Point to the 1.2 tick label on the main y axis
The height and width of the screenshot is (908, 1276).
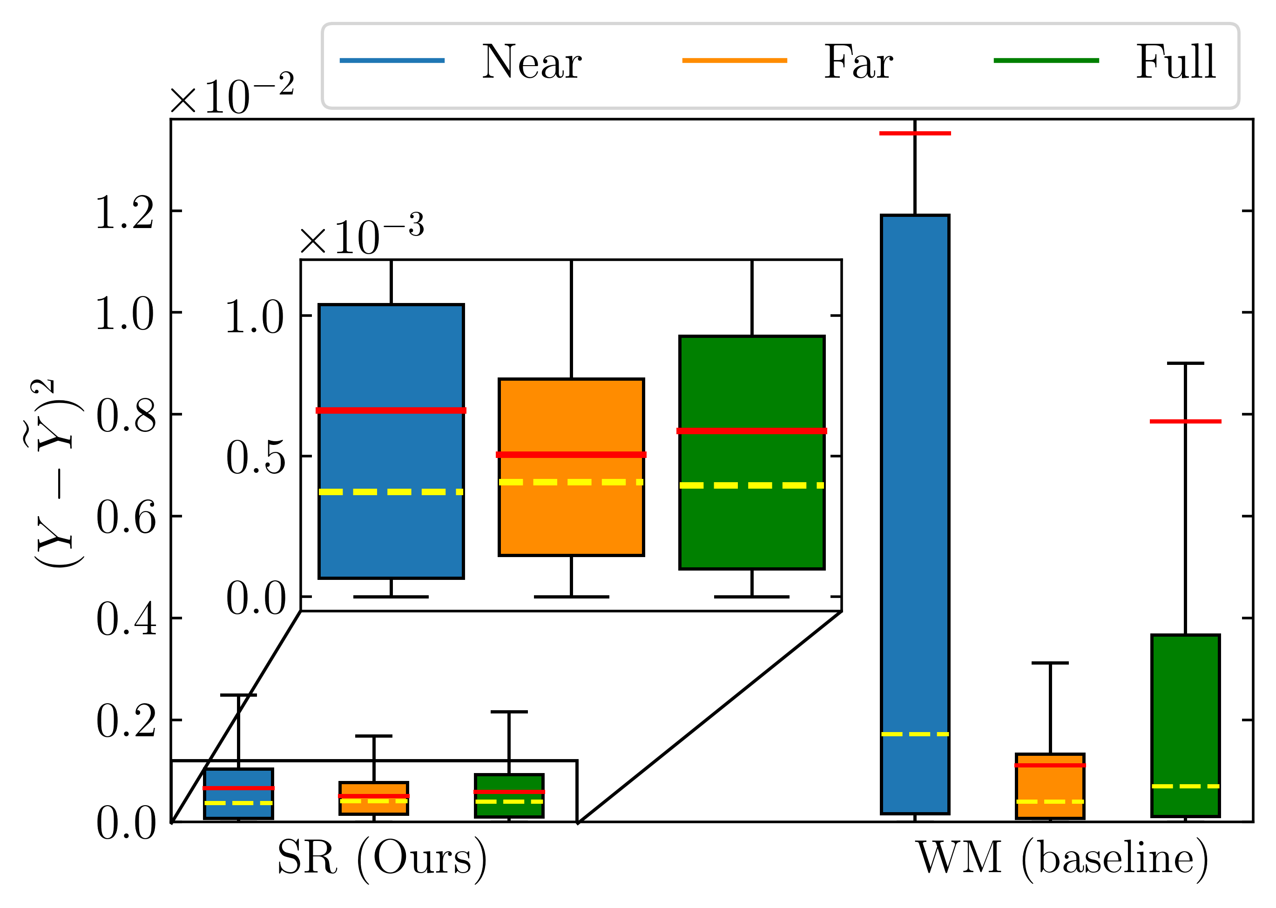click(x=125, y=213)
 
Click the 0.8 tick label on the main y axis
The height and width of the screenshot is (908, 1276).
click(x=126, y=416)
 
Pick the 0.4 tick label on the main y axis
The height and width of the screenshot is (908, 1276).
click(x=126, y=619)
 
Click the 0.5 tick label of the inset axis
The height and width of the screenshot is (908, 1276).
click(x=256, y=457)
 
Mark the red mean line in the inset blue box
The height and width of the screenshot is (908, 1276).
click(x=391, y=410)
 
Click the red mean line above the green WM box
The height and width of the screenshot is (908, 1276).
click(x=1185, y=421)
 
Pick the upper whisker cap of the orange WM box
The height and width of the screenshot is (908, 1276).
click(x=1050, y=663)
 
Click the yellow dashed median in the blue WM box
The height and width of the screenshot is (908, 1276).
click(x=915, y=734)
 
